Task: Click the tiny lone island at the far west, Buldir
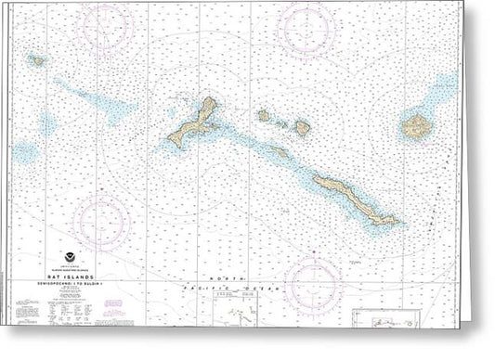[x=36, y=60]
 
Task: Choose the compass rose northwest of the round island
[x=309, y=29]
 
